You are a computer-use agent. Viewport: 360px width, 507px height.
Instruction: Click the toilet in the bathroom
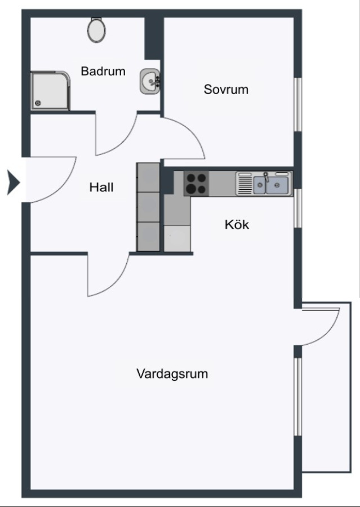click(96, 30)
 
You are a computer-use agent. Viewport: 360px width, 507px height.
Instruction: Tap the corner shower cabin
click(50, 91)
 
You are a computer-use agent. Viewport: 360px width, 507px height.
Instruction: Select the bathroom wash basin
click(150, 81)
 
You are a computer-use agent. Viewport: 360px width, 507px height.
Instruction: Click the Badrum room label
click(103, 71)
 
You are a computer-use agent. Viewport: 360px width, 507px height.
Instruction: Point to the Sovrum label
click(226, 90)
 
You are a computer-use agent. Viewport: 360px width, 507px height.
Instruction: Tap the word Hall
click(101, 187)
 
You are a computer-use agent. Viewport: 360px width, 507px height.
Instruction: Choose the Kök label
click(237, 224)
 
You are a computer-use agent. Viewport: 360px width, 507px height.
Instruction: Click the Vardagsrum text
click(172, 374)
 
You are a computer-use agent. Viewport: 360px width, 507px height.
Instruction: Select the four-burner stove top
click(196, 183)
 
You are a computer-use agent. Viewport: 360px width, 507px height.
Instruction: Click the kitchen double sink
click(270, 185)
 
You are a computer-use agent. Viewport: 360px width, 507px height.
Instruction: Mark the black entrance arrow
click(14, 183)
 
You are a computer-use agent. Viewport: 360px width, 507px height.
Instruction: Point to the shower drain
click(38, 103)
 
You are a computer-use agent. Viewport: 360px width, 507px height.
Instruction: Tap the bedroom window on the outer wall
click(298, 104)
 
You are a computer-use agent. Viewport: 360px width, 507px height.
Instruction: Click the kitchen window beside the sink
click(298, 208)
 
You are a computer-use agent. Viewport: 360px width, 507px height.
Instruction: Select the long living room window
click(298, 397)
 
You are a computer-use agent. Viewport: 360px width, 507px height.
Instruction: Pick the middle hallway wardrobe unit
click(149, 207)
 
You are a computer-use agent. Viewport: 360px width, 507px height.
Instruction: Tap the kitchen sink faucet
click(266, 177)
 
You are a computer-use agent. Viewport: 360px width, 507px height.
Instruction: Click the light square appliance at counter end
click(177, 238)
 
